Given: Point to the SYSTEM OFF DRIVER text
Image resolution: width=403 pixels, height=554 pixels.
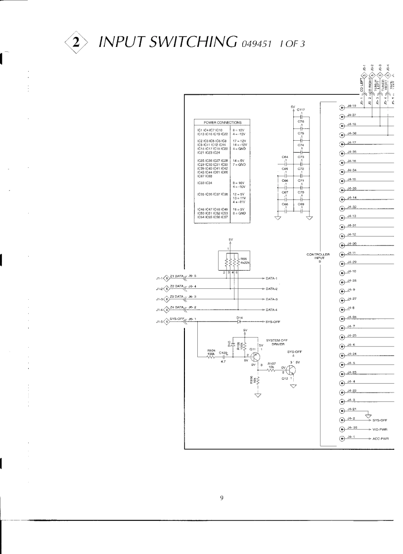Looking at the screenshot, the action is coord(277,342).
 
